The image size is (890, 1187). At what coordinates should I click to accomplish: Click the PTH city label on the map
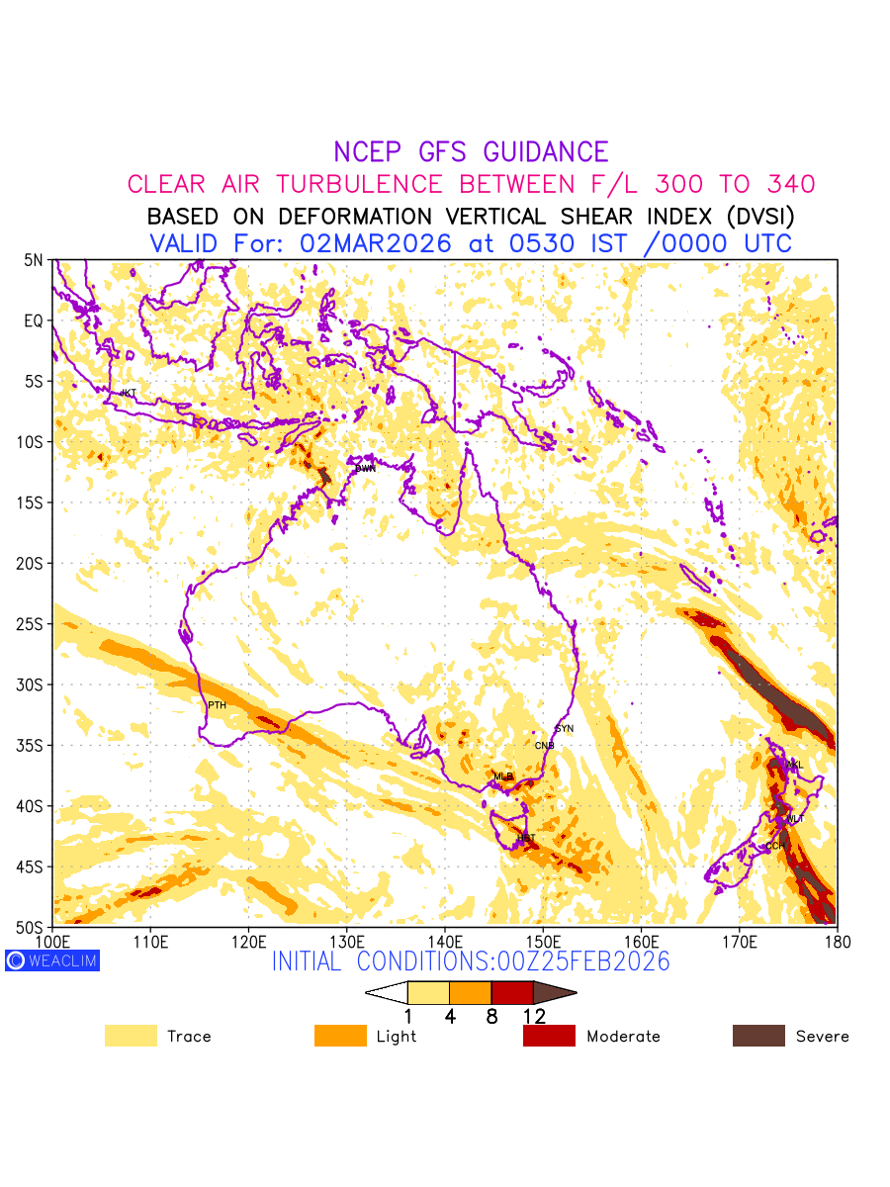[x=217, y=705]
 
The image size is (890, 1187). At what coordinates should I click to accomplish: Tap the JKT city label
[x=128, y=394]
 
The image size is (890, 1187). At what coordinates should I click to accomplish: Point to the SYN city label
[x=565, y=729]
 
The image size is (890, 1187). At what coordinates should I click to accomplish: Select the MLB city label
[x=503, y=776]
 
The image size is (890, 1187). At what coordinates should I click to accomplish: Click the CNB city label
[x=544, y=746]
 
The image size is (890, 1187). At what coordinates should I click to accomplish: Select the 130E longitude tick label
[x=346, y=941]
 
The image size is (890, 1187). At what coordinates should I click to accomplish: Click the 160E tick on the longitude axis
[x=641, y=941]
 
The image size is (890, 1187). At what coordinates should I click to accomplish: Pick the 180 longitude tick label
[x=837, y=941]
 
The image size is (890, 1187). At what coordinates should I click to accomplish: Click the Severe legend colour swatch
[x=758, y=1036]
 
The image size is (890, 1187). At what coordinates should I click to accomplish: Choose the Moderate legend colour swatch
[x=549, y=1036]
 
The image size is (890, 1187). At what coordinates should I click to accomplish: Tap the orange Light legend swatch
[x=340, y=1036]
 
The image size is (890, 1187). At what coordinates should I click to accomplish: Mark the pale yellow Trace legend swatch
[x=131, y=1036]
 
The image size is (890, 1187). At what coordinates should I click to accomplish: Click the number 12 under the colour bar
[x=534, y=1016]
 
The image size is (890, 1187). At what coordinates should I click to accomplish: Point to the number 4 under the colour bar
[x=450, y=1016]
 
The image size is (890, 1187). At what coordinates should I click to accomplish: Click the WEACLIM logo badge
[x=52, y=959]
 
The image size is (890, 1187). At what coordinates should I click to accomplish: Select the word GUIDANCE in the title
[x=545, y=152]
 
